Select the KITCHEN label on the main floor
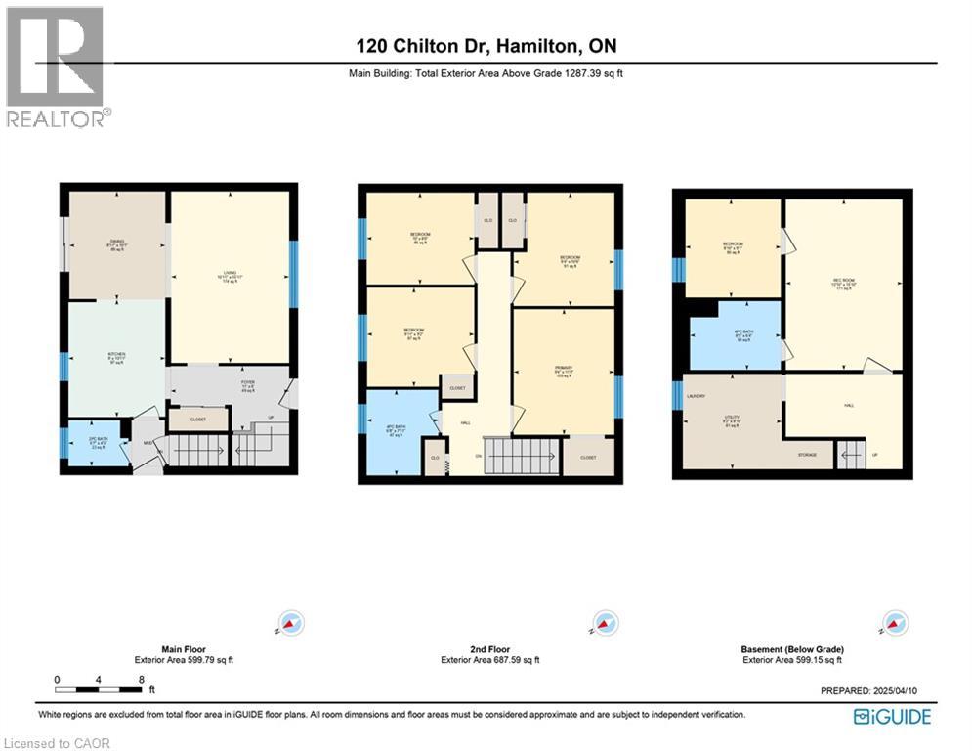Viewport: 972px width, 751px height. click(117, 354)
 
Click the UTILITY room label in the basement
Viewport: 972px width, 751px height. click(731, 417)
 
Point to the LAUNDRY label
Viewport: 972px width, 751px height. click(697, 396)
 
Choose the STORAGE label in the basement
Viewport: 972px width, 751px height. click(807, 455)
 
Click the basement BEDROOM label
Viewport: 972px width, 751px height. click(733, 244)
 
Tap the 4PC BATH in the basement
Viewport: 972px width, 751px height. click(735, 334)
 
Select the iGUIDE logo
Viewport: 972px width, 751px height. click(892, 717)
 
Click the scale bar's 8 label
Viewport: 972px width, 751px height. click(142, 679)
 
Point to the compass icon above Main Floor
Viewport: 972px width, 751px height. click(290, 622)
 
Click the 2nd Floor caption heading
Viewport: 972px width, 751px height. click(489, 649)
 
